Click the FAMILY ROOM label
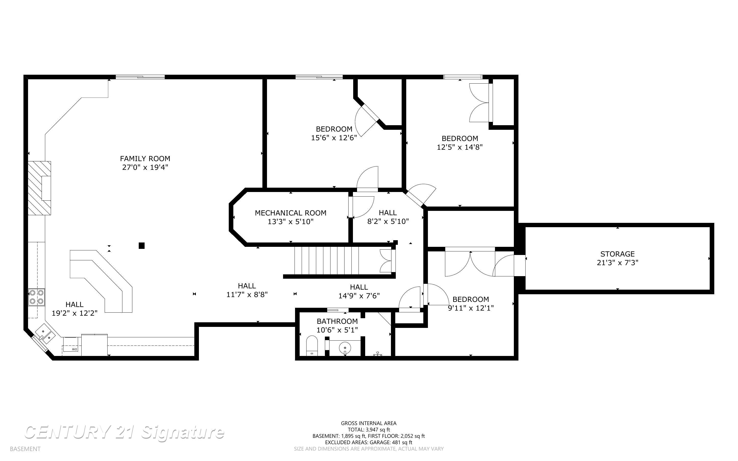point(145,159)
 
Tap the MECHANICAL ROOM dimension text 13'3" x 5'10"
point(290,222)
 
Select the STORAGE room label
point(617,254)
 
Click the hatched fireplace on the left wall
point(39,188)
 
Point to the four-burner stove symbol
point(36,297)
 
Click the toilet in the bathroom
point(312,346)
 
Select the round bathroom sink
point(345,348)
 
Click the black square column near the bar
point(142,246)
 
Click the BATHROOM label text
point(337,321)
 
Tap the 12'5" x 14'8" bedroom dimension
point(460,147)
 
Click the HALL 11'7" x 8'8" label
point(247,290)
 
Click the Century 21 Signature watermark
point(124,432)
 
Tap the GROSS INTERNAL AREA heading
point(368,423)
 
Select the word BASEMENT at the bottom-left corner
point(25,449)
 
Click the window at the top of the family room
point(140,77)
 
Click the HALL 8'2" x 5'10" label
point(388,217)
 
